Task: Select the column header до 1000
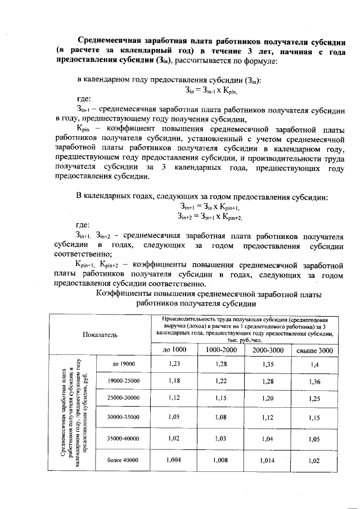pyautogui.click(x=174, y=350)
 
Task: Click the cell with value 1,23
pyautogui.click(x=174, y=364)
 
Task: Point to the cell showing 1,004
pyautogui.click(x=174, y=460)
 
